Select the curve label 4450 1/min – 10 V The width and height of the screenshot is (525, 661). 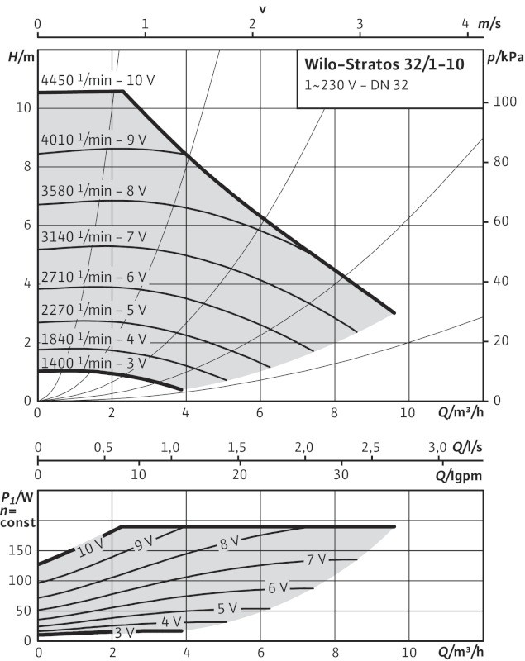pyautogui.click(x=98, y=80)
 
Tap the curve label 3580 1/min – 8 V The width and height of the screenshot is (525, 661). pyautogui.click(x=93, y=191)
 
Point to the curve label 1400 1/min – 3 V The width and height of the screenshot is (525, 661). pyautogui.click(x=93, y=363)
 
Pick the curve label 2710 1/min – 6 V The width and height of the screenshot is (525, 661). pyautogui.click(x=93, y=277)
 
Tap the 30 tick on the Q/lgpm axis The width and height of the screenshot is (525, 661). pyautogui.click(x=341, y=476)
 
